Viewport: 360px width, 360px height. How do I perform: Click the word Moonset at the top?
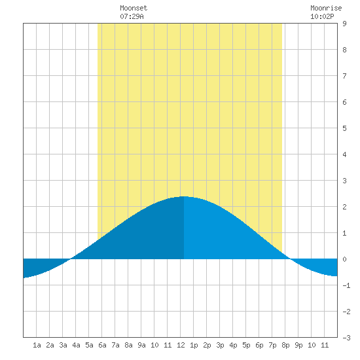pos(134,8)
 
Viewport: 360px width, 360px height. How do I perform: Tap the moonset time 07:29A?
pos(132,16)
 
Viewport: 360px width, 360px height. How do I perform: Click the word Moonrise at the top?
pos(326,8)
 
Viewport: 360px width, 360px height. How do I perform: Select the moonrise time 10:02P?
pos(322,16)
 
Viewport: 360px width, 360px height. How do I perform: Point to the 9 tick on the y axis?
pos(344,24)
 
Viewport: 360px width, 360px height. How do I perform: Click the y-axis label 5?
pos(344,128)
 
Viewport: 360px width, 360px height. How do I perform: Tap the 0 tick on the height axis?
pos(344,259)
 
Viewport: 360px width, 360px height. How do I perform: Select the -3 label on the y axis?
pos(346,338)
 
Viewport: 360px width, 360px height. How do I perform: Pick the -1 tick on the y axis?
pos(346,285)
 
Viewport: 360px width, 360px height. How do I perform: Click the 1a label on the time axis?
pos(37,345)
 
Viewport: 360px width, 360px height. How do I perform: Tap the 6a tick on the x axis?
pos(102,345)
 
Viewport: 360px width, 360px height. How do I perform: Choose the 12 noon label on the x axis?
pos(181,345)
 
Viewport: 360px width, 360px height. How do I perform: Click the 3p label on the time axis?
pos(220,345)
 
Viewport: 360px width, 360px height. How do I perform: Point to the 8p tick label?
pos(285,345)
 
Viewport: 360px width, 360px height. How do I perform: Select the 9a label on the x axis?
pos(141,345)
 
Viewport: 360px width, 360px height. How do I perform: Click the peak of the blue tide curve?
pos(184,196)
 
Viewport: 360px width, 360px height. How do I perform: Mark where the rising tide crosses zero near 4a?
pos(71,259)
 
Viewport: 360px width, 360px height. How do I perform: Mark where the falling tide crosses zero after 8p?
pos(291,259)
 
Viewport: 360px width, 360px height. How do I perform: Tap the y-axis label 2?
pos(344,207)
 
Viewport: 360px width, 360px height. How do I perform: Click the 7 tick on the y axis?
pos(344,76)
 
